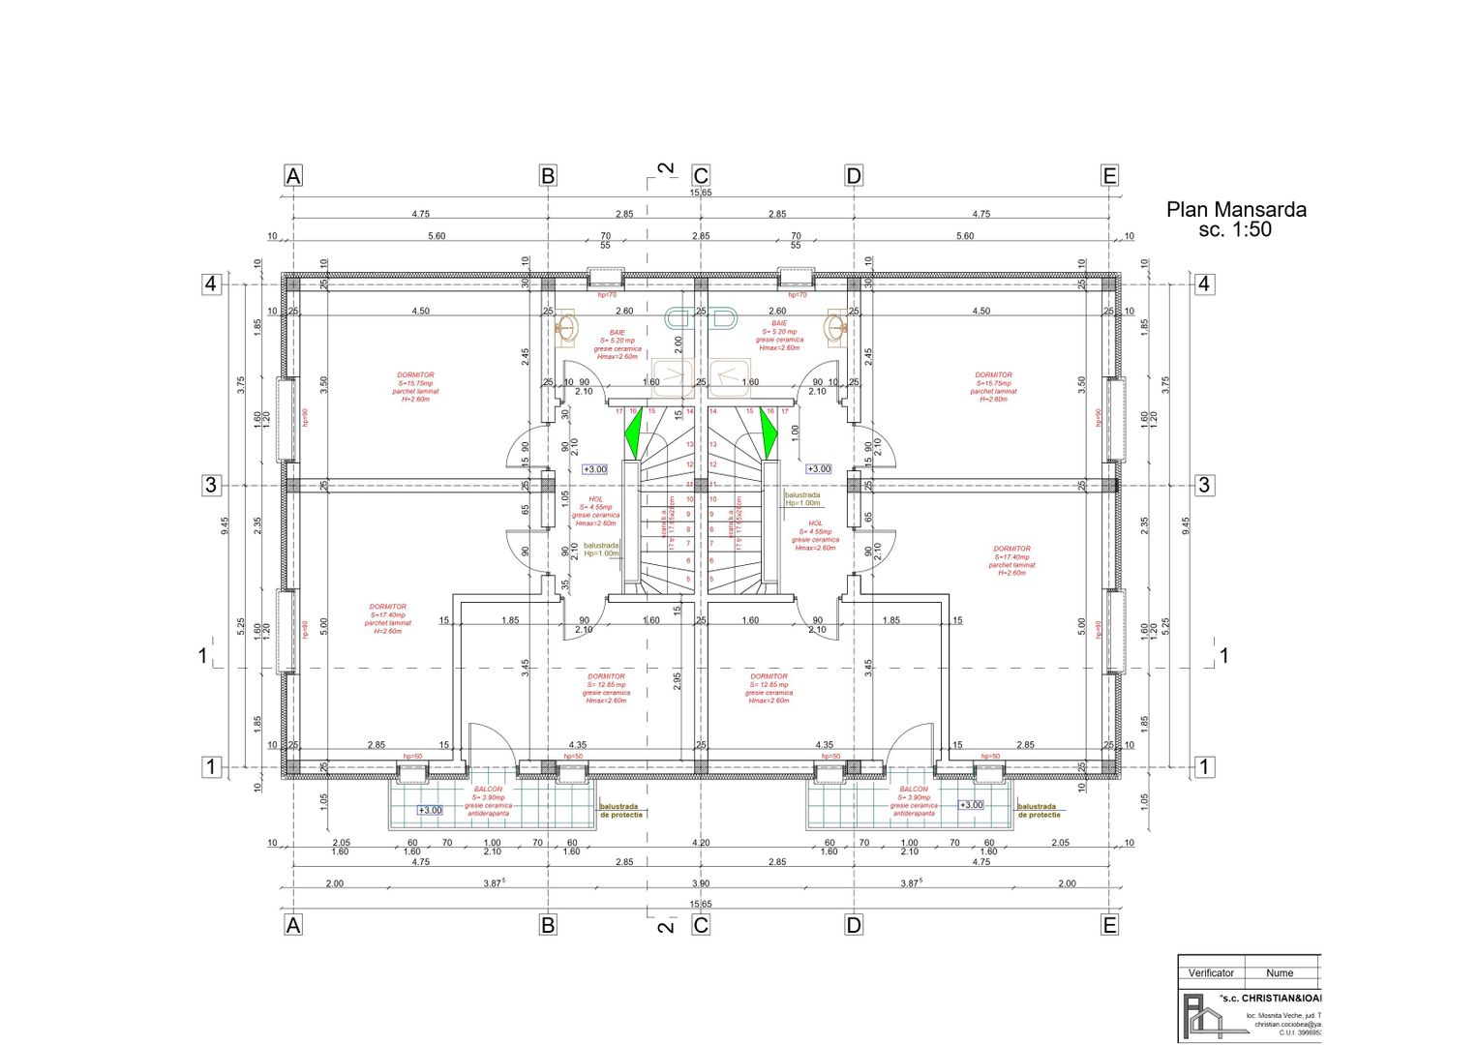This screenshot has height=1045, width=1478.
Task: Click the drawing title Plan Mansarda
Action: pos(1236,209)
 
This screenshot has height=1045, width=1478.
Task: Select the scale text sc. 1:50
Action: pos(1235,230)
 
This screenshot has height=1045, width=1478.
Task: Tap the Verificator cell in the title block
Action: pos(1211,972)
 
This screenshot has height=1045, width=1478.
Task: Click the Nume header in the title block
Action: pos(1280,972)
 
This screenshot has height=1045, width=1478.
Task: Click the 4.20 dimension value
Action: pos(701,843)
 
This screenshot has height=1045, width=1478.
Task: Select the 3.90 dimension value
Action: pos(701,883)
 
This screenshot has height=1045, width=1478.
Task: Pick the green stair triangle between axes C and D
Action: pos(769,433)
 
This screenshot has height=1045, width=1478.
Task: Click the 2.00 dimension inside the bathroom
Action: pos(679,343)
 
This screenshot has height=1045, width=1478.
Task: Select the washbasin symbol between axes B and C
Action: pos(567,328)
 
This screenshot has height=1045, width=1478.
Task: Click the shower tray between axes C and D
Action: pos(730,378)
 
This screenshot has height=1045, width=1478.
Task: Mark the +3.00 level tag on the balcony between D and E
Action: pos(971,805)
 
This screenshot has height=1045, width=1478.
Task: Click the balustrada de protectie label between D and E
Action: pos(1038,811)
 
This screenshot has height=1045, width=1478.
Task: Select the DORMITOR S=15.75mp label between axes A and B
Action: pos(415,386)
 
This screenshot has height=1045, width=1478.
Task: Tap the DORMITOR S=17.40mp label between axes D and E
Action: pos(1011,560)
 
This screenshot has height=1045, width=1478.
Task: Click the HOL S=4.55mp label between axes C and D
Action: pos(815,535)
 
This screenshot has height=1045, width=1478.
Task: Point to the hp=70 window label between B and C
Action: pos(607,294)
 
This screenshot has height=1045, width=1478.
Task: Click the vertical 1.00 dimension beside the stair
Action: pos(795,432)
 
